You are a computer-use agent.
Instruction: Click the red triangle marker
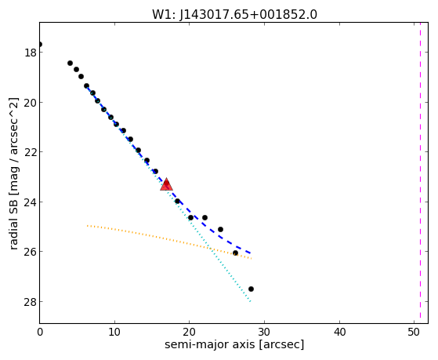coord(166,184)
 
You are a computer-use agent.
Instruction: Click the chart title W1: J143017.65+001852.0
coord(234,14)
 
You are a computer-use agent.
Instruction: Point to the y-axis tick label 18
coord(30,53)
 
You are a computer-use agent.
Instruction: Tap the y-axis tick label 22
coord(30,152)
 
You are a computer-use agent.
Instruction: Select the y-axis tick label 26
coord(30,252)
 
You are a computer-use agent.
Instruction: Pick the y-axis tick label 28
coord(30,301)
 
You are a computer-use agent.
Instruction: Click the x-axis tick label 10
coord(114,333)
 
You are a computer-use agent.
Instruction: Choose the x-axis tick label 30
coord(264,333)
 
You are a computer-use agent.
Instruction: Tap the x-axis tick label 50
coord(414,333)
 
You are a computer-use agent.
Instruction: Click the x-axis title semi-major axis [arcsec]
coord(234,344)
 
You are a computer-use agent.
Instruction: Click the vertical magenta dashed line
coord(420,173)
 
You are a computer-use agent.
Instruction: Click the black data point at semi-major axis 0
coord(40,44)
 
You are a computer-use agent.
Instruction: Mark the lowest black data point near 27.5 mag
coord(251,289)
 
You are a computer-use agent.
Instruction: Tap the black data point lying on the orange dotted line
coord(236,253)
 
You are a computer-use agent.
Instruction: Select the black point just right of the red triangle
coord(177,201)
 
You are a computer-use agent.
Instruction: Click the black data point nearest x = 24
coord(220,229)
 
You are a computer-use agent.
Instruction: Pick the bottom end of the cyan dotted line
coord(251,301)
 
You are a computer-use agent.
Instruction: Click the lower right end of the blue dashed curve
coord(251,253)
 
